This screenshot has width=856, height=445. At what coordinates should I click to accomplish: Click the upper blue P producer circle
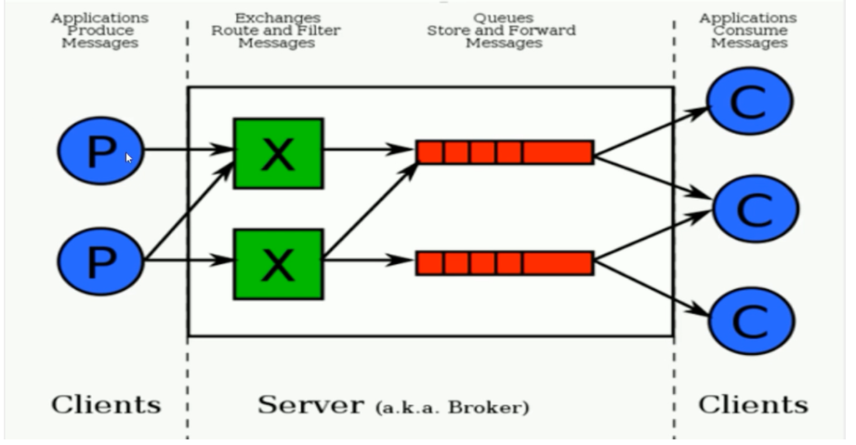100,151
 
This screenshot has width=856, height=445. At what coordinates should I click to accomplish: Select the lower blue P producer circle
100,262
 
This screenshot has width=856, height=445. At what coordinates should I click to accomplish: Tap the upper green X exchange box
279,153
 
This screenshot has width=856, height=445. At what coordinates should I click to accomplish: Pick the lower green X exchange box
279,264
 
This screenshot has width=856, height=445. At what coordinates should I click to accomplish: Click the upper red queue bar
505,151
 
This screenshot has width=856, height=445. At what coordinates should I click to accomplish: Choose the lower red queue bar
505,263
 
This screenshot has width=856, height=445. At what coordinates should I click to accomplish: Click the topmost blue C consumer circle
749,101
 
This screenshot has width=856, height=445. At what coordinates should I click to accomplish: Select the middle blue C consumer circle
757,209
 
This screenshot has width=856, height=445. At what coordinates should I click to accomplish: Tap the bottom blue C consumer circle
751,321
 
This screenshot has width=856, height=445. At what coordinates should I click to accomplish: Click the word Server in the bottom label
310,405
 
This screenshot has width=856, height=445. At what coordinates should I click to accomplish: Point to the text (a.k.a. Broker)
452,407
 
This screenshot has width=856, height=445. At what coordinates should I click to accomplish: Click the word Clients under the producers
106,405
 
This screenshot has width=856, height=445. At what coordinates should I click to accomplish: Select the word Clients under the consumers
754,405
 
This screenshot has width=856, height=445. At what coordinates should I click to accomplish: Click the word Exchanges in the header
278,18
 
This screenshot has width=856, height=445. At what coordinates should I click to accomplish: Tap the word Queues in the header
504,18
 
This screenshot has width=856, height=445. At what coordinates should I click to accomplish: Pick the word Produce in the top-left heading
100,31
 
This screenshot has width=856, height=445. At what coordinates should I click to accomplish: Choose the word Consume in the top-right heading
750,31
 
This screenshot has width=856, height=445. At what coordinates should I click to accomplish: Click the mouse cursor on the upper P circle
129,158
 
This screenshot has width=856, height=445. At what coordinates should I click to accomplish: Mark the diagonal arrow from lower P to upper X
189,210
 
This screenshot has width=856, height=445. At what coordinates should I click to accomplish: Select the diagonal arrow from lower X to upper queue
371,210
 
